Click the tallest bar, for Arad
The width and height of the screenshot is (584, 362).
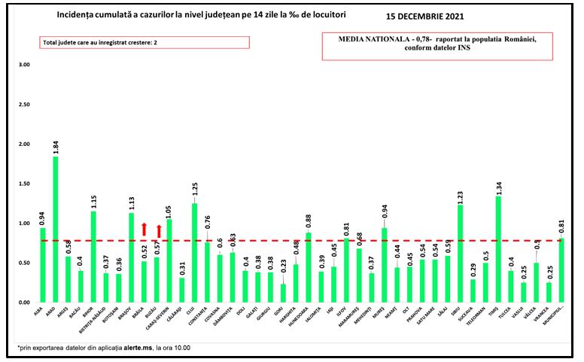(55, 230)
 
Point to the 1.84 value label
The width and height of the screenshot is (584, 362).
(56, 145)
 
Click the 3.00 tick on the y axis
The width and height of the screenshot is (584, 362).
(25, 65)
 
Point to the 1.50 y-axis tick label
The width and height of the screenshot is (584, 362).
(25, 184)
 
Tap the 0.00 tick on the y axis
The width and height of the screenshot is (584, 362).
(25, 303)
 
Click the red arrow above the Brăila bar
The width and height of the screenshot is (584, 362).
(144, 230)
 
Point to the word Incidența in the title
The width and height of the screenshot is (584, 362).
(78, 14)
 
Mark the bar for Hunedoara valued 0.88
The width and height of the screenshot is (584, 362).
(308, 268)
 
